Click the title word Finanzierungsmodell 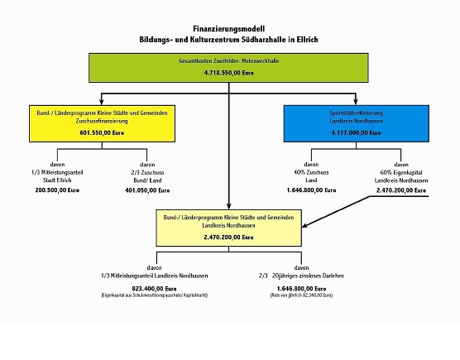tap(229, 27)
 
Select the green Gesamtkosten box tap(229, 68)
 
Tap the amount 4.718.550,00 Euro tap(229, 74)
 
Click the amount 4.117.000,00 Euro tap(357, 132)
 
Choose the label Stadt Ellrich tap(56, 176)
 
